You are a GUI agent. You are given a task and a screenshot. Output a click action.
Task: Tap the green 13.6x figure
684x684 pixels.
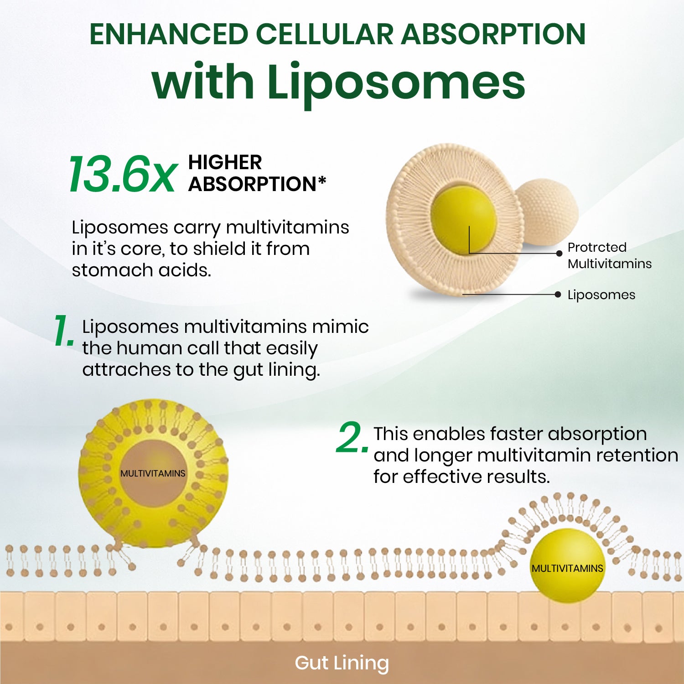[122, 174]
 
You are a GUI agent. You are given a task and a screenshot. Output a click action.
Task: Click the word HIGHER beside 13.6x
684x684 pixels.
[225, 162]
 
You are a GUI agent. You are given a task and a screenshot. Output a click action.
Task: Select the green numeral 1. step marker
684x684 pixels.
[64, 331]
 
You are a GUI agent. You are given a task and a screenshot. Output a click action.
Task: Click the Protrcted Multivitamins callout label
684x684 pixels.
[610, 255]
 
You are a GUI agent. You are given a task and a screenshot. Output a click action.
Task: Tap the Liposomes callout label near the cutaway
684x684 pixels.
[601, 295]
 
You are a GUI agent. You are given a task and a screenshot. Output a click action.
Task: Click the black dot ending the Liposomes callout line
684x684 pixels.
[558, 295]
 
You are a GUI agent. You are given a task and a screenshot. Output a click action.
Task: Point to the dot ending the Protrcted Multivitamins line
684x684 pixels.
[560, 254]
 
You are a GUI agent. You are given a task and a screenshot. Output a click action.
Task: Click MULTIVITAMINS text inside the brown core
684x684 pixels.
[153, 473]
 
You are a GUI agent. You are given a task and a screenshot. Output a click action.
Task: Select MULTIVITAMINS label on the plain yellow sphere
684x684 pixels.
[567, 569]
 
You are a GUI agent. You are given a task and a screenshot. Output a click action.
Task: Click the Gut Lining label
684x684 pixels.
[342, 663]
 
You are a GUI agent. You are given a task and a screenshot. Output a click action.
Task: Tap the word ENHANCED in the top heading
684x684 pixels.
[169, 34]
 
